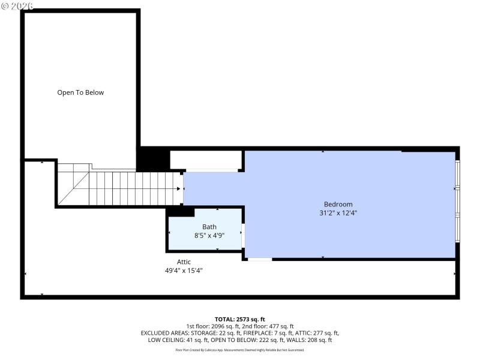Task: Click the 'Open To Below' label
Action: click(80, 92)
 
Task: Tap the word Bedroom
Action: click(338, 204)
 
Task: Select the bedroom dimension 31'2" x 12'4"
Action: click(338, 213)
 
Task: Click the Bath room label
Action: click(209, 227)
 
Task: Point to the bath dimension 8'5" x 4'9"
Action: click(209, 236)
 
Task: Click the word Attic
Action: click(184, 262)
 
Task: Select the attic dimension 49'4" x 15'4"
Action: click(184, 271)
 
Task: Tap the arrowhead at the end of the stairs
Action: click(179, 189)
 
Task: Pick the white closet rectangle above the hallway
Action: click(205, 160)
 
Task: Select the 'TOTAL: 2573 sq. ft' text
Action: click(240, 319)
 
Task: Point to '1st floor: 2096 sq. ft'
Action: click(212, 326)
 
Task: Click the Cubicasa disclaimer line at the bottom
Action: click(240, 350)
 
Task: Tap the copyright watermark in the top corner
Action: click(18, 5)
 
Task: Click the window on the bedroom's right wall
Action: click(457, 201)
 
